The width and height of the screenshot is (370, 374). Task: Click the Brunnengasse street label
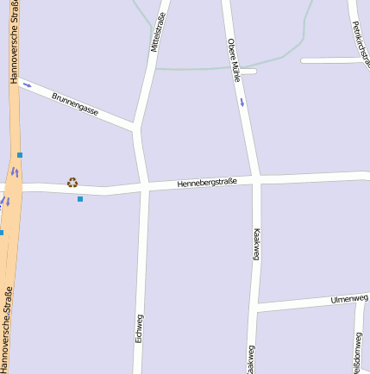tap(75, 104)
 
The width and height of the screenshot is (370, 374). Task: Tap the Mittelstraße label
tap(157, 32)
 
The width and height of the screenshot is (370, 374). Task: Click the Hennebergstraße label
tap(206, 183)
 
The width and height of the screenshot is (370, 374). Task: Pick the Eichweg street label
tap(140, 328)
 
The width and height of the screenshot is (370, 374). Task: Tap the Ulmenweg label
tap(348, 299)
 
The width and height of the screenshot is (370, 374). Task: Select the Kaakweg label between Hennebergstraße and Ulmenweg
tap(255, 244)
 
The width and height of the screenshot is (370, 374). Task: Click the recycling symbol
tap(72, 182)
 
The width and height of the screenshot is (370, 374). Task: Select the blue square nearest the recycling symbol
tap(80, 199)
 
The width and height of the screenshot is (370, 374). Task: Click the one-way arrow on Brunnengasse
tap(27, 84)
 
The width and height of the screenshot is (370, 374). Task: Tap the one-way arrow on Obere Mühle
tap(242, 102)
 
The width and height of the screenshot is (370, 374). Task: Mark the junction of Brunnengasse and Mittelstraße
tap(137, 129)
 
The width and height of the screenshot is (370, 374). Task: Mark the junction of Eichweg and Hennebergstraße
tap(144, 186)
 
